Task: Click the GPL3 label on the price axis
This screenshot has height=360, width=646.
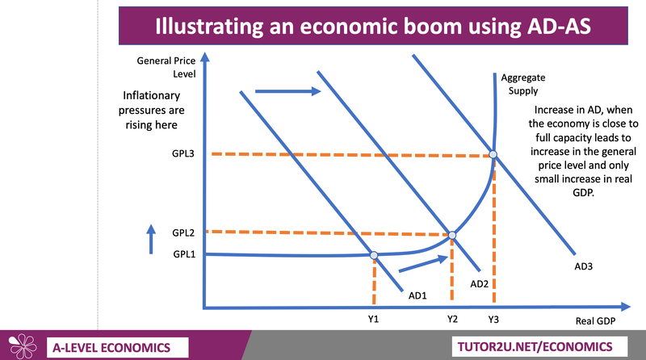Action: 183,153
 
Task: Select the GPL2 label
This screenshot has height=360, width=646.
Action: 183,232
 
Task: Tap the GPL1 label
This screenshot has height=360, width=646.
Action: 184,254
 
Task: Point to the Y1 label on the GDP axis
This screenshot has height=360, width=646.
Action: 373,319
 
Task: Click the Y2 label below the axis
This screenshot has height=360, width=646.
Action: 452,319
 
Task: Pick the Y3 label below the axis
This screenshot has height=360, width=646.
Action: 493,319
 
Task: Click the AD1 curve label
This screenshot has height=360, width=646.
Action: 417,295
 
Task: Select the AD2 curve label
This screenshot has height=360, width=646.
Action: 479,284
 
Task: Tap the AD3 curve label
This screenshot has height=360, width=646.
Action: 584,266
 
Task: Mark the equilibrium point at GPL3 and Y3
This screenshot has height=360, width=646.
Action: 493,154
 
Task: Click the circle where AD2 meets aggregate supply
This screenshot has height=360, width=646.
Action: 452,235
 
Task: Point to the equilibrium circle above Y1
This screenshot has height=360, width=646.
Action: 374,255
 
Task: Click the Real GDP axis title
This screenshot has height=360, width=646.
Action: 595,321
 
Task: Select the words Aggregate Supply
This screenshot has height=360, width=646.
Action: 523,84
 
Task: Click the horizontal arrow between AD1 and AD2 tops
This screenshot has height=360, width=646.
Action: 288,91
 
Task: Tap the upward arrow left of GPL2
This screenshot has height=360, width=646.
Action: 151,239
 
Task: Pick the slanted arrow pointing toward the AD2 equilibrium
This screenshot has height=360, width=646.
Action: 423,264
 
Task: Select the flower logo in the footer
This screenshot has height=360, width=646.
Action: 23,346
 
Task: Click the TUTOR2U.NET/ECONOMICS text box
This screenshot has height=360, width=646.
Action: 539,346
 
